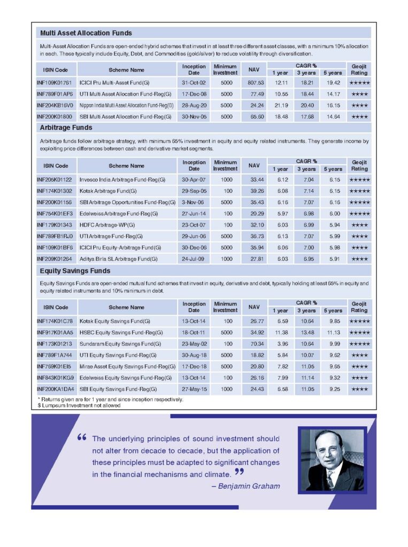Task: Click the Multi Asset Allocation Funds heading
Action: pyautogui.click(x=86, y=33)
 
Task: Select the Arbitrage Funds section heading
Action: pyautogui.click(x=66, y=128)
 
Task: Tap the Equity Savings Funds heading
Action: pyautogui.click(x=75, y=271)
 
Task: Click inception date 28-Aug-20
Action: pyautogui.click(x=194, y=105)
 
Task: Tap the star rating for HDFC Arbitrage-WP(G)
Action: pyautogui.click(x=359, y=225)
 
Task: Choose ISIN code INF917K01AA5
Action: pyautogui.click(x=55, y=333)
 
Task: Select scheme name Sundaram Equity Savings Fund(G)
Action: pyautogui.click(x=120, y=344)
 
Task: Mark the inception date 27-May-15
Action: pyautogui.click(x=194, y=389)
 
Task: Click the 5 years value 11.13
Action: pyautogui.click(x=333, y=333)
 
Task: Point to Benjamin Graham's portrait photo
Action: pyautogui.click(x=332, y=460)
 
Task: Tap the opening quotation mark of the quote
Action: pyautogui.click(x=82, y=438)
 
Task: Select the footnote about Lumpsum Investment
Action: pyautogui.click(x=79, y=405)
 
